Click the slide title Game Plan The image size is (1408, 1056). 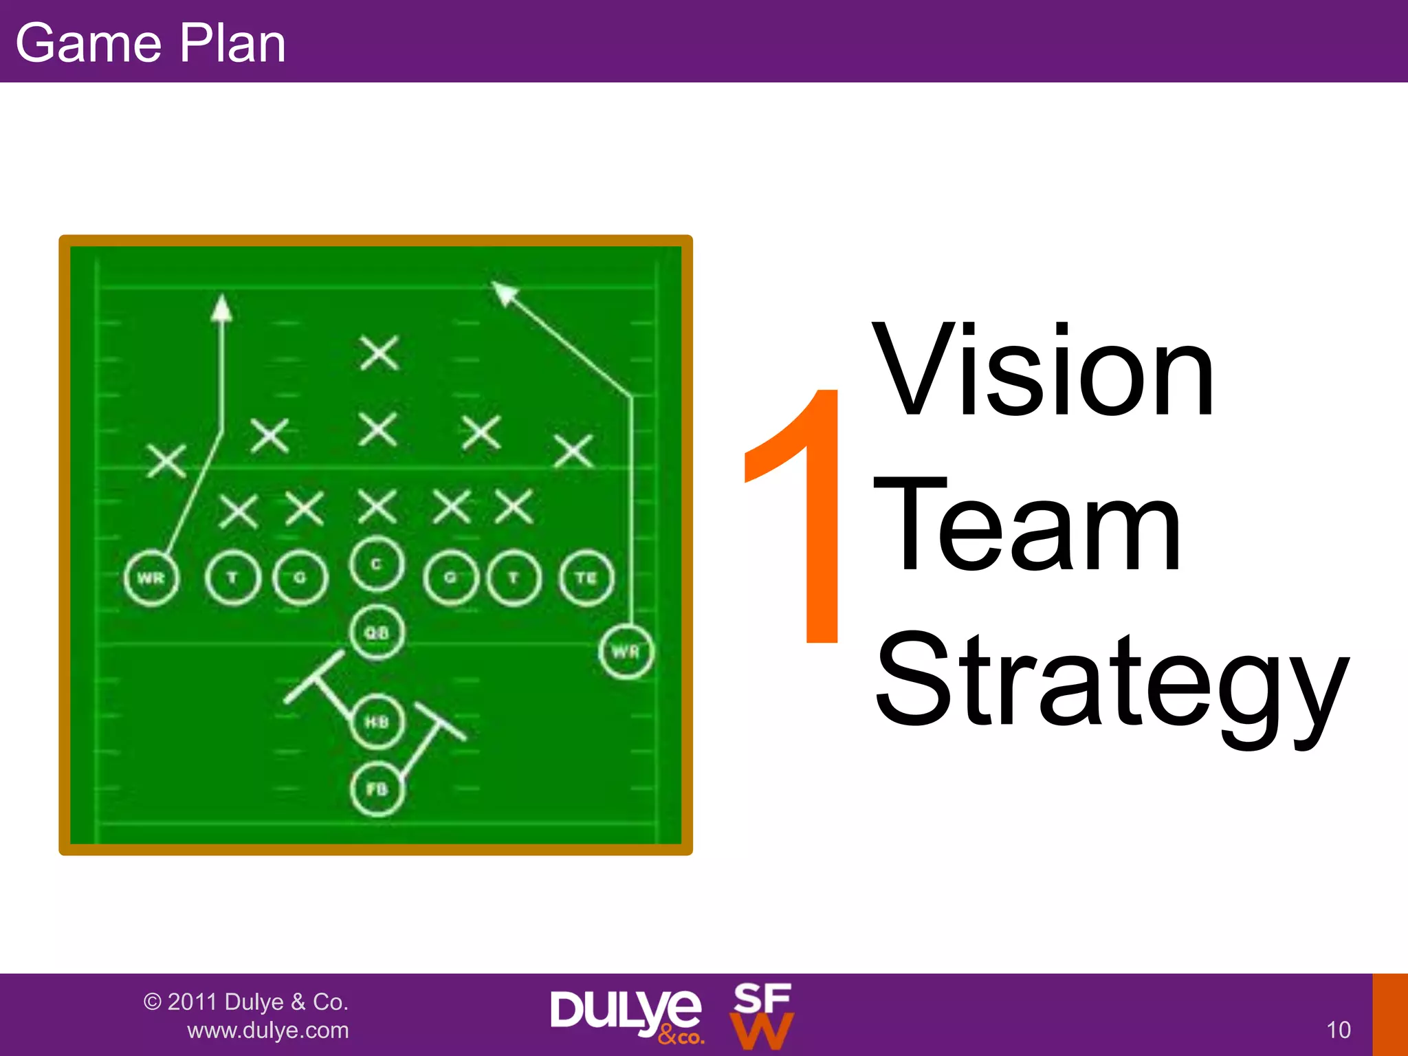(x=150, y=43)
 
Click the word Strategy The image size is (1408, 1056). (x=1110, y=681)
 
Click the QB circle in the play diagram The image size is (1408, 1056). (x=377, y=632)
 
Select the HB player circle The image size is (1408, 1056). (x=377, y=722)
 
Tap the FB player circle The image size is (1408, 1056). (x=377, y=789)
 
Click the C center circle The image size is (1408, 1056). (x=376, y=564)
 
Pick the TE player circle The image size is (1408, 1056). (x=586, y=578)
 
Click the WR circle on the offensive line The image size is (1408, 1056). (x=151, y=578)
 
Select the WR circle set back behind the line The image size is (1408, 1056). (x=626, y=651)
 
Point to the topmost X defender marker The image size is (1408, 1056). (x=379, y=353)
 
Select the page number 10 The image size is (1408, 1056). (x=1338, y=1030)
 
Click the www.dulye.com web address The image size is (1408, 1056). (x=268, y=1031)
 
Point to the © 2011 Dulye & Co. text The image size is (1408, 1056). (x=246, y=1002)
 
